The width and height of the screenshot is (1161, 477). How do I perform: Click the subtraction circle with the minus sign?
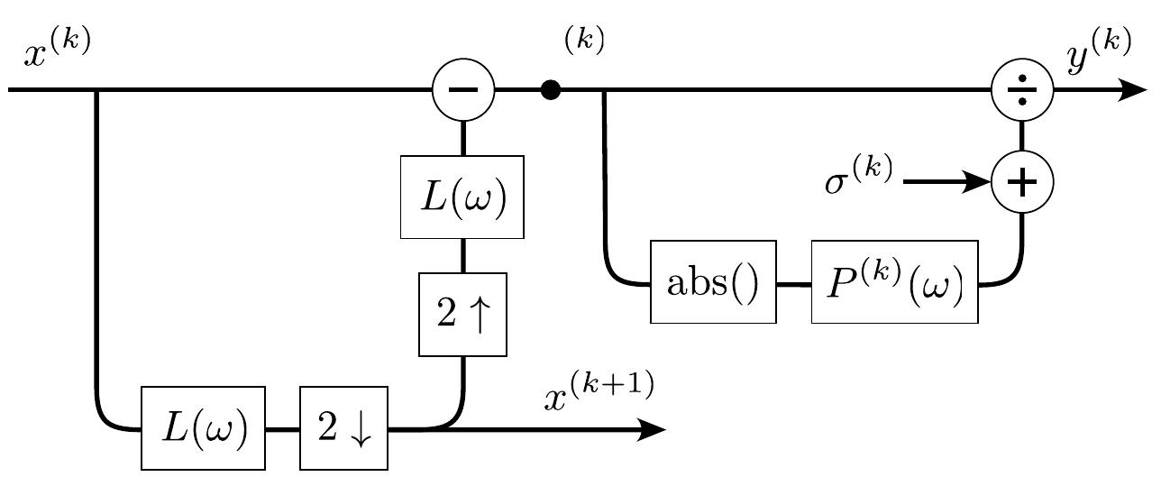click(x=463, y=90)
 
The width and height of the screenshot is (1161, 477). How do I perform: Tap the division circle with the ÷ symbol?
click(x=1021, y=90)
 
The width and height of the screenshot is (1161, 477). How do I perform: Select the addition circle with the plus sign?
click(x=1021, y=182)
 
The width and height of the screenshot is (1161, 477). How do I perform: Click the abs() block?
click(x=713, y=281)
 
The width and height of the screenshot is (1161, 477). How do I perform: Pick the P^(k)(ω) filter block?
click(x=895, y=281)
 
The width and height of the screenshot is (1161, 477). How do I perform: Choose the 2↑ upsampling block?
click(x=463, y=316)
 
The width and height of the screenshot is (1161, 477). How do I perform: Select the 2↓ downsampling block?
click(x=343, y=428)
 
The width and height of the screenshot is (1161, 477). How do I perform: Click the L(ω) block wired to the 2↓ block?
click(x=203, y=428)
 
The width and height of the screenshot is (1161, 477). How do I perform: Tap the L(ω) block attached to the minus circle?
click(x=463, y=197)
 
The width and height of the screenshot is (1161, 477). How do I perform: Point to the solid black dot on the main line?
click(x=551, y=90)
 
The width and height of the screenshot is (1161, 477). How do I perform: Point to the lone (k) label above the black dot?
click(x=584, y=41)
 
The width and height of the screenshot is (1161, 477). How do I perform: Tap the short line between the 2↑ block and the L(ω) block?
click(x=463, y=257)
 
